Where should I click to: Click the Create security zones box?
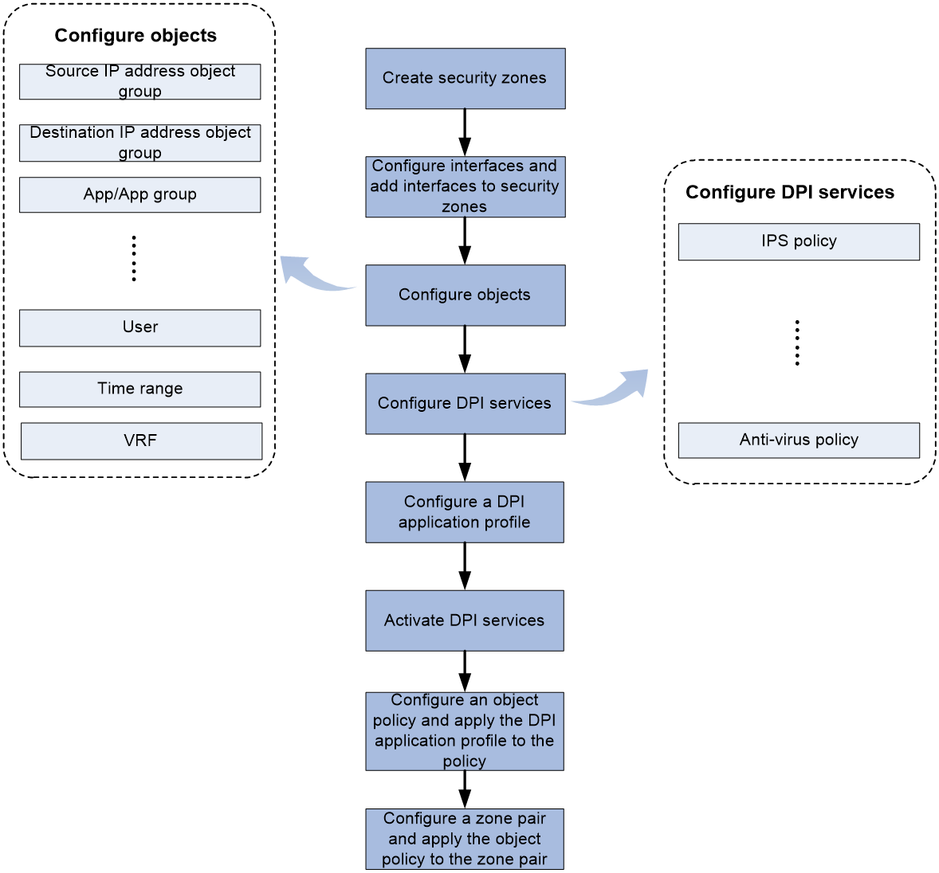(466, 78)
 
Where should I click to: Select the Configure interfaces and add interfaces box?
(466, 186)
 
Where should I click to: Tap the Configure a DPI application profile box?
(465, 512)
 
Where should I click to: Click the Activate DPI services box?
(465, 620)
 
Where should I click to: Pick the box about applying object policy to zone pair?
(465, 839)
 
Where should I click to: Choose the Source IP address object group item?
(140, 81)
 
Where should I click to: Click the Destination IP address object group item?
(140, 143)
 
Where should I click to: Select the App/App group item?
(140, 194)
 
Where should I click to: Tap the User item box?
(140, 328)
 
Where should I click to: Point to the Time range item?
(140, 390)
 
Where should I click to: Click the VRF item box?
(141, 441)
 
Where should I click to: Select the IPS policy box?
(799, 241)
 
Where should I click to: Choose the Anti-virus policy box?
(799, 440)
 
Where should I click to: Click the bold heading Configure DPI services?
(790, 192)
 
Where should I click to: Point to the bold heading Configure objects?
(136, 35)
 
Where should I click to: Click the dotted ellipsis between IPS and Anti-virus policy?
(797, 343)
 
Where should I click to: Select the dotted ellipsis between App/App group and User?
(134, 259)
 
